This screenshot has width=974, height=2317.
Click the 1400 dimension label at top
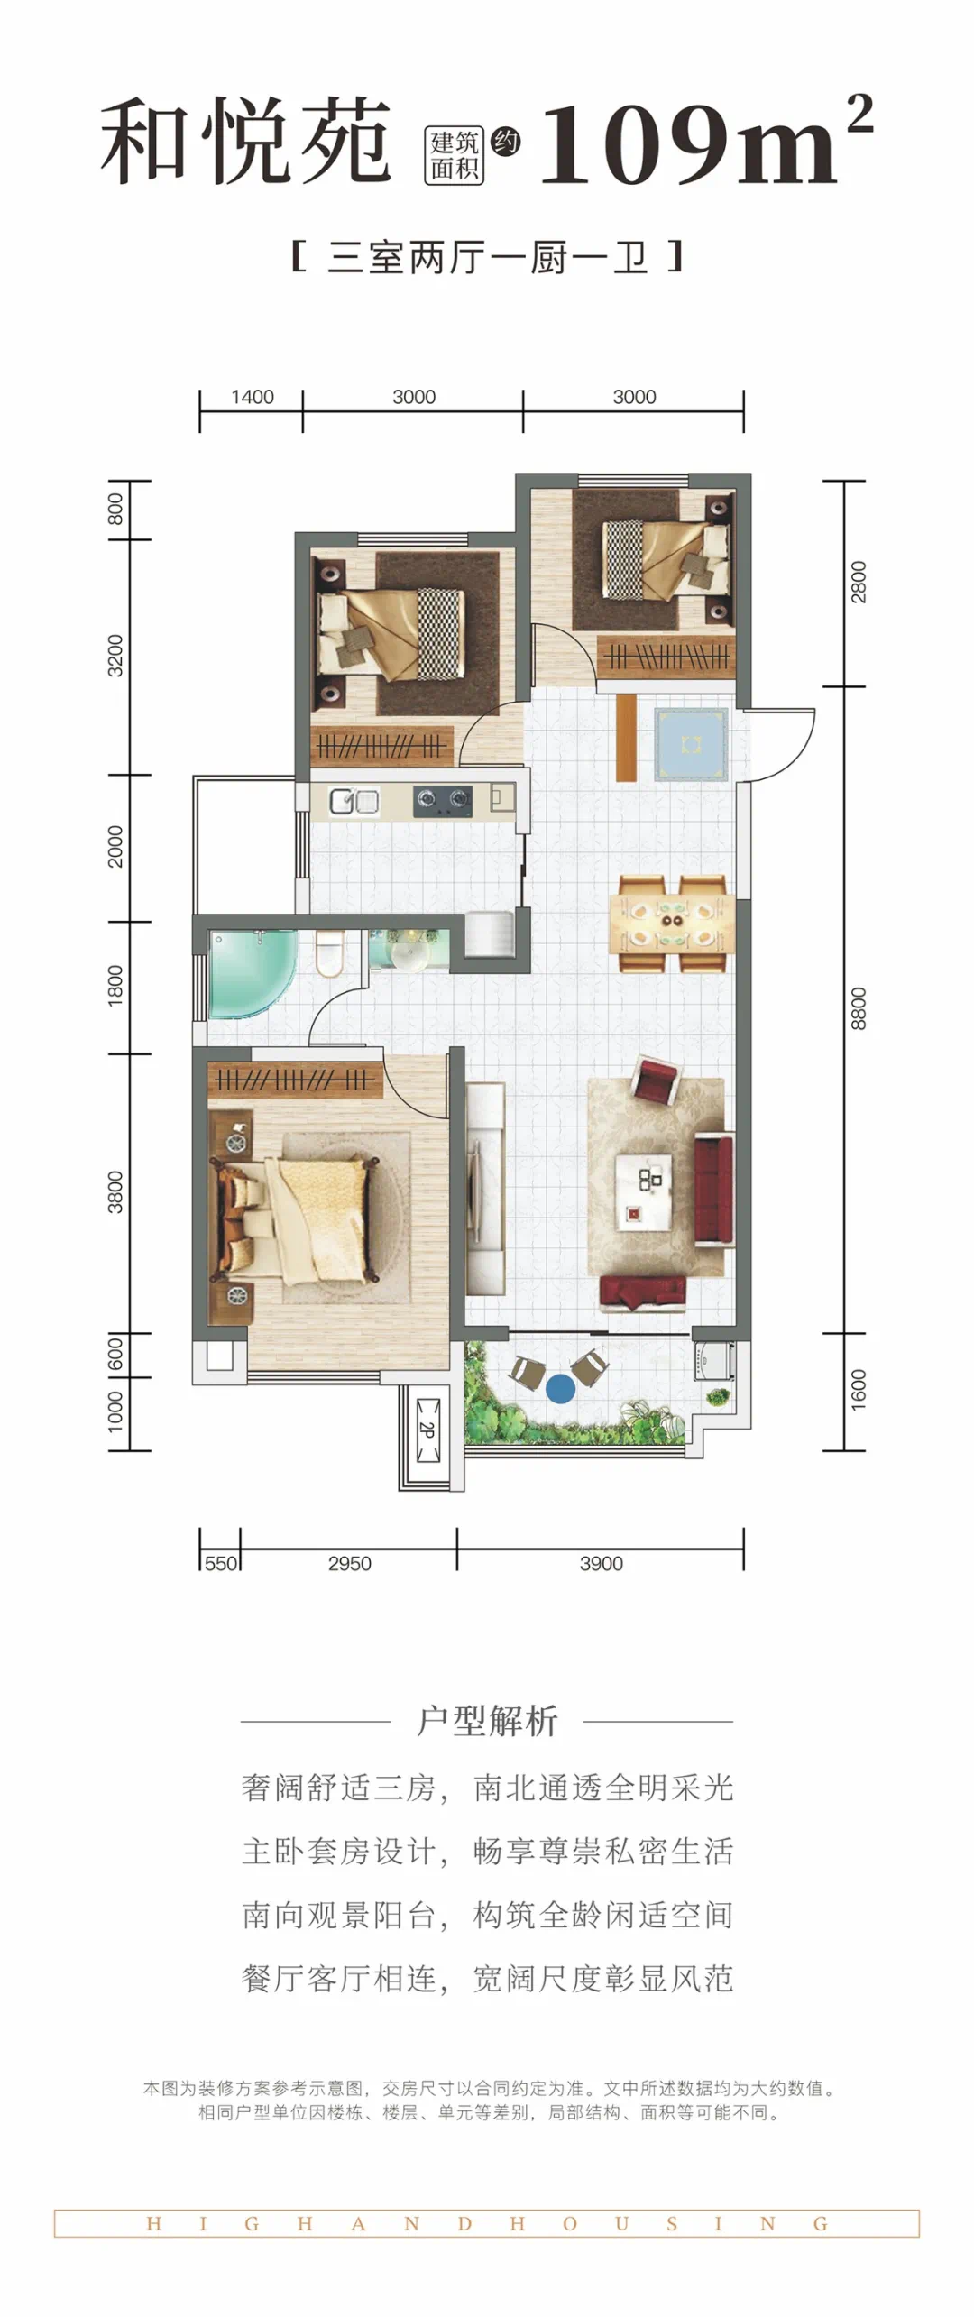pyautogui.click(x=252, y=397)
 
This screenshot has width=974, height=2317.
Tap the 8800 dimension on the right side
pyautogui.click(x=858, y=1008)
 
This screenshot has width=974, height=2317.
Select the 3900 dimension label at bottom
pyautogui.click(x=601, y=1563)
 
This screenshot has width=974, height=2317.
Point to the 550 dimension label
pyautogui.click(x=221, y=1563)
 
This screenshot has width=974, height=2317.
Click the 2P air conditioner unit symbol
pyautogui.click(x=427, y=1430)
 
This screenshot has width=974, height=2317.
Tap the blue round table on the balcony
pyautogui.click(x=560, y=1388)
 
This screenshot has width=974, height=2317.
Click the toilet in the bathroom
pyautogui.click(x=330, y=952)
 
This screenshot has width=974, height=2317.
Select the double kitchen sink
pyautogui.click(x=354, y=801)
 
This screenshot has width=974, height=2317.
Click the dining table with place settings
pyautogui.click(x=672, y=922)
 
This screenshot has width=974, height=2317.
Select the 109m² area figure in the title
pyautogui.click(x=706, y=140)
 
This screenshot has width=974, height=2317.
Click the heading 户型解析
pyautogui.click(x=487, y=1720)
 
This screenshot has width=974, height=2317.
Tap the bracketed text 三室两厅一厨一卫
pyautogui.click(x=487, y=257)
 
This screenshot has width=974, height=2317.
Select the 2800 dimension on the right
pyautogui.click(x=858, y=582)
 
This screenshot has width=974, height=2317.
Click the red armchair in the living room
pyautogui.click(x=657, y=1080)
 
